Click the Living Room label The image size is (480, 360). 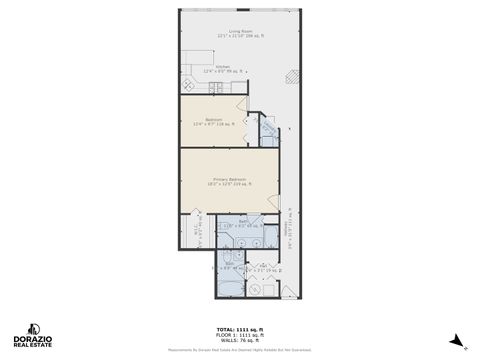(239, 33)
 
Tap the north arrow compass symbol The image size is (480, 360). (456, 340)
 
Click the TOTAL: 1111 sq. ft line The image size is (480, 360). (239, 329)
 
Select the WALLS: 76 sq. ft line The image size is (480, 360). (239, 340)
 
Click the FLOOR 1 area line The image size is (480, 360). (239, 335)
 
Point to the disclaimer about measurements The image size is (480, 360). (239, 350)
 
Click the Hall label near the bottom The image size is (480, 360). (263, 267)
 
